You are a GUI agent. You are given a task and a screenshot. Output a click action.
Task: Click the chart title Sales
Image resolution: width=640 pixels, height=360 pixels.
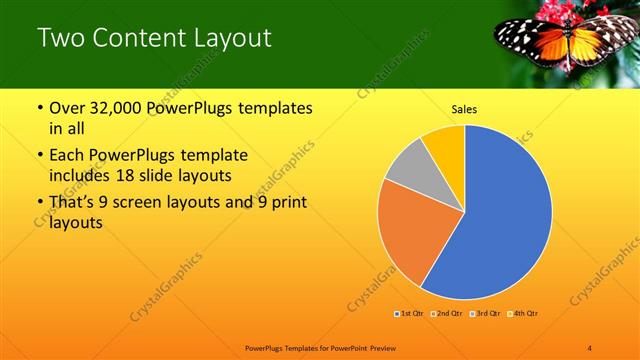pos(463,109)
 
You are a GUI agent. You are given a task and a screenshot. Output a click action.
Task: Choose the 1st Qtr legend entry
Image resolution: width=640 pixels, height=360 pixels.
pos(409,313)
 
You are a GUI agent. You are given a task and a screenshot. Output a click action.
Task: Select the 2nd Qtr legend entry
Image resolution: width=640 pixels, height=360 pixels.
pos(445,313)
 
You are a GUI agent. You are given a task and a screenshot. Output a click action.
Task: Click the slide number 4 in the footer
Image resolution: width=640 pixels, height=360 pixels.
pos(590,347)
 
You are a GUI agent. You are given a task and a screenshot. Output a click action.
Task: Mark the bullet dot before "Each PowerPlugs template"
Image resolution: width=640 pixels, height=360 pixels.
pos(39,157)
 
